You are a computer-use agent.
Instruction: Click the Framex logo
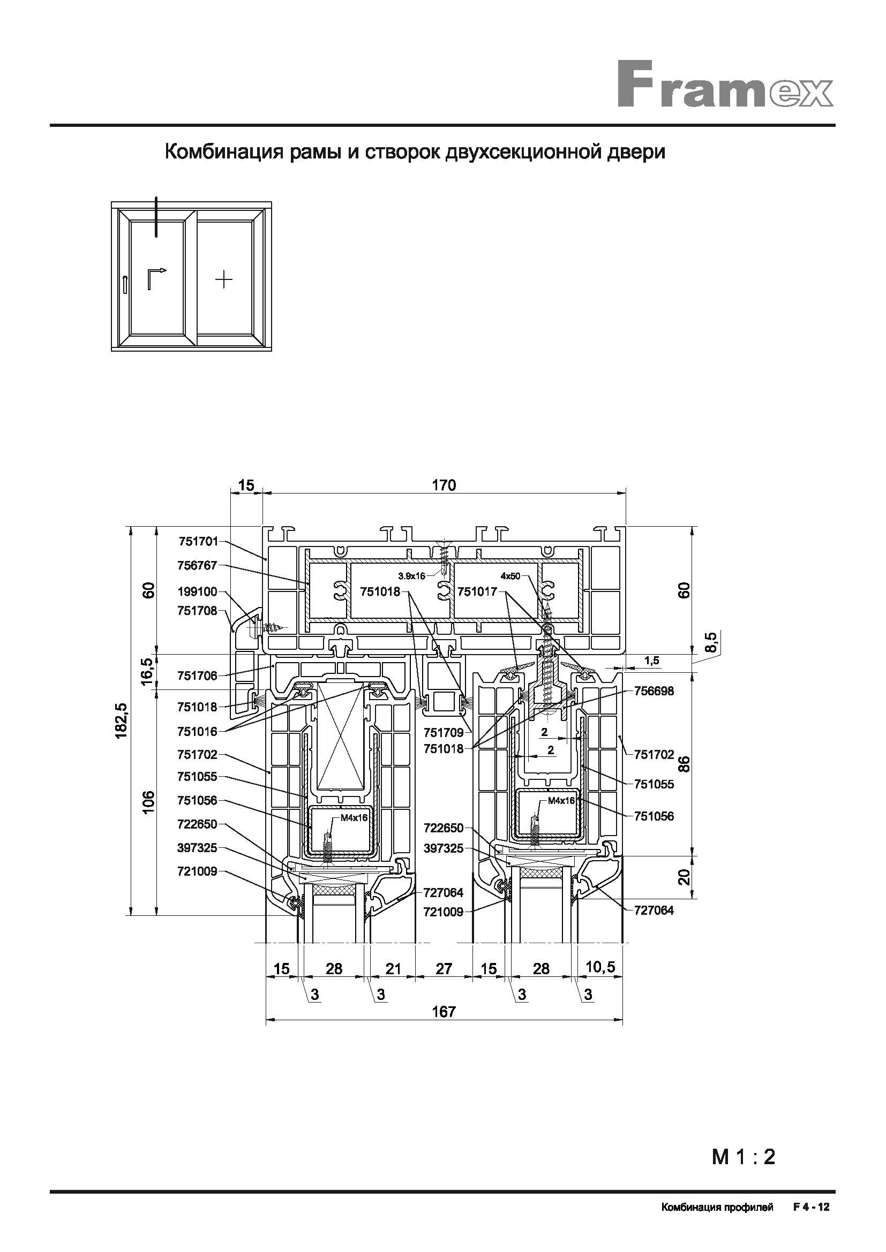click(726, 85)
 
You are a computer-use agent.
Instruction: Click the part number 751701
click(198, 542)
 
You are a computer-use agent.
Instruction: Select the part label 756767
click(198, 565)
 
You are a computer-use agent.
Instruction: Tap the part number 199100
click(198, 591)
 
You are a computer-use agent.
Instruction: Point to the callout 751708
click(198, 611)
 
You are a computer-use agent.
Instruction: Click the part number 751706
click(198, 676)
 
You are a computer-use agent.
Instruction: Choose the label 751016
click(198, 731)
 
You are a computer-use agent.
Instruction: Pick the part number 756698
click(654, 692)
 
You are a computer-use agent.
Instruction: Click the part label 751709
click(444, 732)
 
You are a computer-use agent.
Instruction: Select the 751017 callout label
click(478, 591)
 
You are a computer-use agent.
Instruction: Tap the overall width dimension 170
click(444, 485)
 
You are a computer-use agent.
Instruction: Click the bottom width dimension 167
click(444, 1012)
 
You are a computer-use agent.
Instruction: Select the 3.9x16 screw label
click(412, 575)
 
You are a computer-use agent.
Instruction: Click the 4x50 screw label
click(510, 576)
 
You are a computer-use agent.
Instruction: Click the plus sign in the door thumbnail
click(224, 280)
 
